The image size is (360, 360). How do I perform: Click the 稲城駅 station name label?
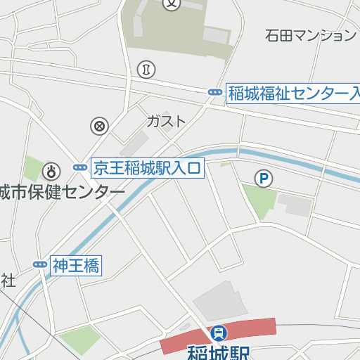[219, 351]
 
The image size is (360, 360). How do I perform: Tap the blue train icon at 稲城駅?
[219, 331]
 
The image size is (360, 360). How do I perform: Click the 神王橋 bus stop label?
[76, 265]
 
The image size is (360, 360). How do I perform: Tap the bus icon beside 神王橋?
[39, 265]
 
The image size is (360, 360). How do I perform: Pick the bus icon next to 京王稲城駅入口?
[80, 167]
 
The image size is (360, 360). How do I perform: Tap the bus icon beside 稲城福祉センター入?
[214, 93]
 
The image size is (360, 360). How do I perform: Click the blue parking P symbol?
[263, 179]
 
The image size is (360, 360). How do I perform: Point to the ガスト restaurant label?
[167, 121]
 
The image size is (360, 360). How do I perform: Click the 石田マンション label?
[311, 34]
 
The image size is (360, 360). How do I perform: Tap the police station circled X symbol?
[100, 127]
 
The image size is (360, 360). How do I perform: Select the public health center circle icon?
[51, 171]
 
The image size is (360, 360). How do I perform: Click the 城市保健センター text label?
[62, 192]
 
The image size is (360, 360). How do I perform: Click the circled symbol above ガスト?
[147, 69]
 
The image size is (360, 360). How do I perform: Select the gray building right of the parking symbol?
[295, 205]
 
